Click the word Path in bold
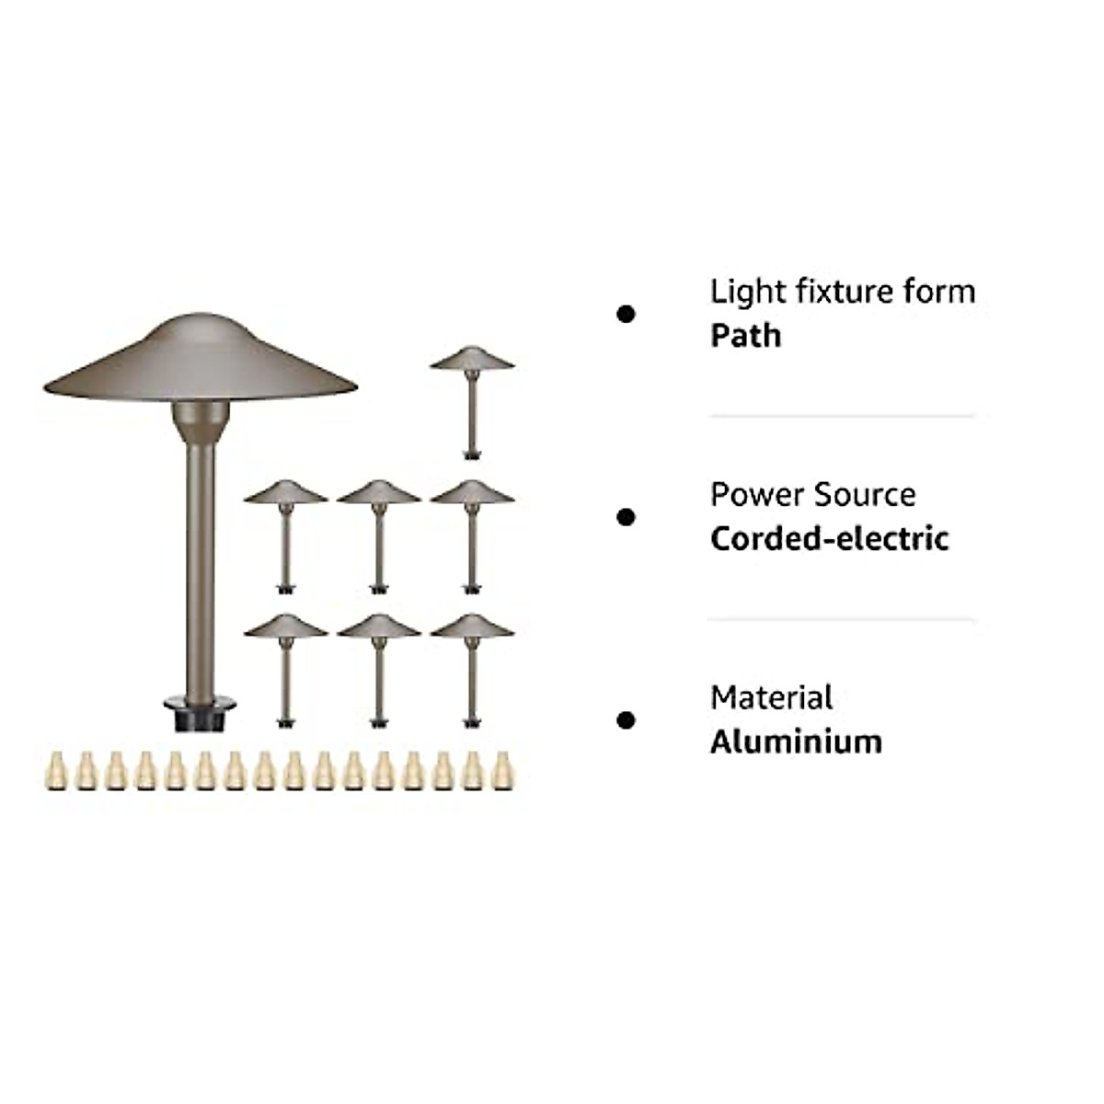(x=745, y=336)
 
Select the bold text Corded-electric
(x=829, y=538)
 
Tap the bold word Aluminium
(x=796, y=742)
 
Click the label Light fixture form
(x=842, y=292)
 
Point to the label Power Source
(x=812, y=495)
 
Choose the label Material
(x=771, y=698)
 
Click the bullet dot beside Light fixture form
(x=627, y=315)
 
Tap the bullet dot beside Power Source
(x=627, y=517)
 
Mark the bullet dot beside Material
(x=627, y=720)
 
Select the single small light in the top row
(x=472, y=396)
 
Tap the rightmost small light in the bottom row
(x=472, y=666)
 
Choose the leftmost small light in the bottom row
(x=286, y=666)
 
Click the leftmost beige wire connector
(x=56, y=771)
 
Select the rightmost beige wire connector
(x=501, y=771)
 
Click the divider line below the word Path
(x=842, y=417)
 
